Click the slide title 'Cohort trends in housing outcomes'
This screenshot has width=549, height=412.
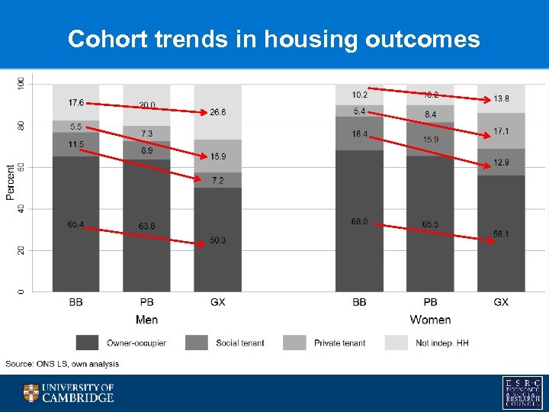click(x=274, y=39)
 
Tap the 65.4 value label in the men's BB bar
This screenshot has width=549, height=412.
click(x=75, y=224)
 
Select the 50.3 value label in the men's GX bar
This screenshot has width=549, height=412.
click(x=217, y=240)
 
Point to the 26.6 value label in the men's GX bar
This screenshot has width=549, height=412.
click(x=217, y=112)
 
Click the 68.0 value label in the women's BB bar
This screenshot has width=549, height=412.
click(x=359, y=221)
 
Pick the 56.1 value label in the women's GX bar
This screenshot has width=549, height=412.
click(x=500, y=234)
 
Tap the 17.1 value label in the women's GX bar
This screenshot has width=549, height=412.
click(x=500, y=131)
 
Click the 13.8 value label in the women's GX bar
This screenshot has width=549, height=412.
click(x=500, y=98)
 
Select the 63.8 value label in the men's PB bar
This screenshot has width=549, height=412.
click(x=146, y=226)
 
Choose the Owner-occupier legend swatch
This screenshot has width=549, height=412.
click(x=88, y=343)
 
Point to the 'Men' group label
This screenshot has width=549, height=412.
click(x=146, y=320)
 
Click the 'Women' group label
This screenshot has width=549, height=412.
click(x=430, y=320)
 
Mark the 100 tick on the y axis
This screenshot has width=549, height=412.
click(x=21, y=83)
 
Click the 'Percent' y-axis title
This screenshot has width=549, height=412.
click(x=11, y=182)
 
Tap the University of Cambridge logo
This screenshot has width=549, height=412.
click(x=68, y=393)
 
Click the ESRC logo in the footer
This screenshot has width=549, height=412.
click(x=523, y=392)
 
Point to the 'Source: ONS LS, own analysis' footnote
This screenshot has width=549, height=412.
click(x=63, y=364)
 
